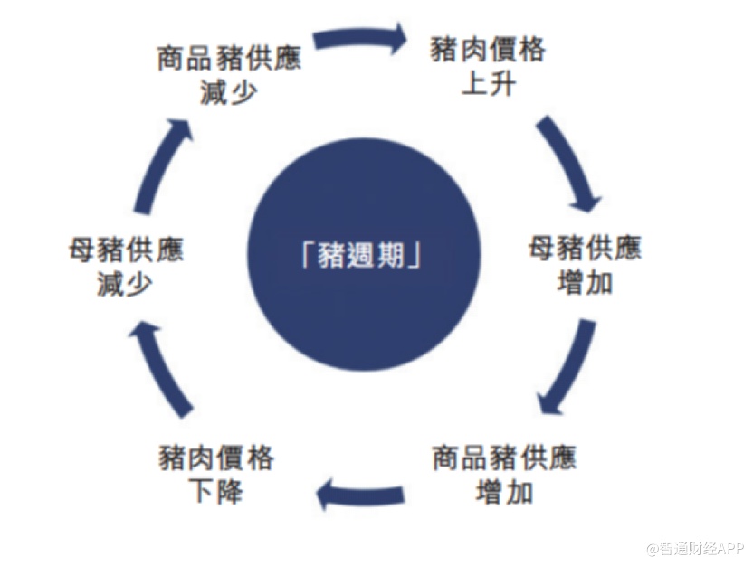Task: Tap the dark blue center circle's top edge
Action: point(364,138)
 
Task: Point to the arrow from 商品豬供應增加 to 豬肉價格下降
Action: point(360,494)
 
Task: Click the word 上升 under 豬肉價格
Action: point(489,84)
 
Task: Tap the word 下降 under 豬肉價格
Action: point(217,491)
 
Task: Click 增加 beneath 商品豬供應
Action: point(504,492)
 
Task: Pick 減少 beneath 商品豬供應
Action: point(229,92)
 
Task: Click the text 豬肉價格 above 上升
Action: point(488,50)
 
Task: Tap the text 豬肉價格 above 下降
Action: point(216,458)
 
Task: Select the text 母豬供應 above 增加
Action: point(585,248)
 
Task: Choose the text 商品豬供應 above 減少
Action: point(229,58)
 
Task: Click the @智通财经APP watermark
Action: point(695,548)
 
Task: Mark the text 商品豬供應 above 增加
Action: point(504,458)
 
